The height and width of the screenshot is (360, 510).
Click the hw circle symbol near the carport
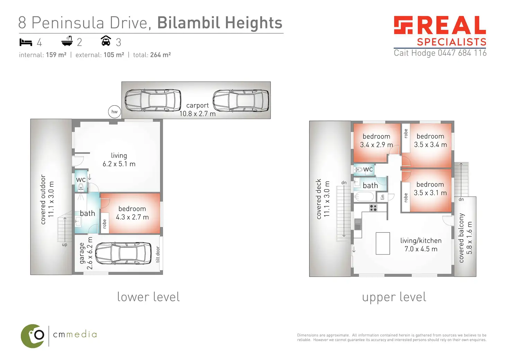coord(114,111)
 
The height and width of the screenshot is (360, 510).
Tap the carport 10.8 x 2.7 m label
coord(197,109)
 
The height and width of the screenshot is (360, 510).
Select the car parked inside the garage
coord(123,253)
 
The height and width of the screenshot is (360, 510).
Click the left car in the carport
coord(153,100)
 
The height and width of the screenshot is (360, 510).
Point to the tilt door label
coord(158,254)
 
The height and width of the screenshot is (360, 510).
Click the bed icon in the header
coord(26,42)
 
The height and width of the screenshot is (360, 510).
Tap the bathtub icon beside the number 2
coord(67,41)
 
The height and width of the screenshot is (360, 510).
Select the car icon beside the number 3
coord(106,41)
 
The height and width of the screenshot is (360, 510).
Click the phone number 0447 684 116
coord(462,53)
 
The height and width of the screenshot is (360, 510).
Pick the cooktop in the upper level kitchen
coord(373,208)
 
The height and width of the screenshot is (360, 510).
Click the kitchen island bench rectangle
coord(383,243)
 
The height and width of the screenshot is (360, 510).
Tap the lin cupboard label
coord(382,197)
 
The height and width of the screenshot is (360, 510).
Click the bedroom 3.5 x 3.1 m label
coord(430,189)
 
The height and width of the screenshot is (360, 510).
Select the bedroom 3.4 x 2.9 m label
coord(376,141)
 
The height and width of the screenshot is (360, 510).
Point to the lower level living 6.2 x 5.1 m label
coord(119,160)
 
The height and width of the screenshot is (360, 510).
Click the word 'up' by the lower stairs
coord(64,245)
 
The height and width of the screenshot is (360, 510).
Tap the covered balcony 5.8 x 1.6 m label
coord(465,238)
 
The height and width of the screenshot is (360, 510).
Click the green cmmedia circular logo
coord(33,336)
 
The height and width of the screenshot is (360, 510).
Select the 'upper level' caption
coord(394,297)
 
